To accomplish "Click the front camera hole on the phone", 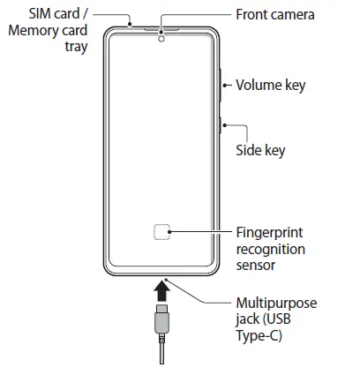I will pyautogui.click(x=161, y=38).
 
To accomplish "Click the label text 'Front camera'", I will pyautogui.click(x=274, y=15).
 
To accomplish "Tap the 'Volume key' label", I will pyautogui.click(x=270, y=86).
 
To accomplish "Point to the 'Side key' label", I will pyautogui.click(x=260, y=150).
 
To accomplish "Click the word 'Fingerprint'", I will pyautogui.click(x=270, y=233).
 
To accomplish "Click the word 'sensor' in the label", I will pyautogui.click(x=257, y=265).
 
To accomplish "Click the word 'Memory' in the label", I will pyautogui.click(x=33, y=31).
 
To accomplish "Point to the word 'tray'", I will pyautogui.click(x=76, y=47).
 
